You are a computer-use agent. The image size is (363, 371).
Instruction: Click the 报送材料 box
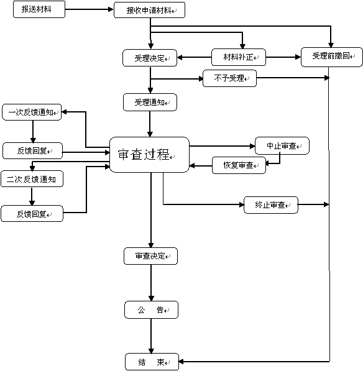(x=39, y=11)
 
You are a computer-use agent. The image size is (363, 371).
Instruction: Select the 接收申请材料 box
(x=150, y=11)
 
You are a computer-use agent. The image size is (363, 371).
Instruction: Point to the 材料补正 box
(x=239, y=58)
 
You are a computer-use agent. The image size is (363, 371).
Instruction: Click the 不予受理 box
(x=229, y=78)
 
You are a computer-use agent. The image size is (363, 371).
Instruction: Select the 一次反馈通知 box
(x=32, y=112)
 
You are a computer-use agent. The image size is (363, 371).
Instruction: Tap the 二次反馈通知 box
(x=32, y=179)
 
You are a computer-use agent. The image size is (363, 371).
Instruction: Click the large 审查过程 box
(x=149, y=155)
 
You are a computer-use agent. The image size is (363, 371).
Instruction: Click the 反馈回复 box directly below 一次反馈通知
(x=32, y=150)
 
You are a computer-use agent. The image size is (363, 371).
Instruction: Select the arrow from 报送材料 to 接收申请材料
(x=89, y=11)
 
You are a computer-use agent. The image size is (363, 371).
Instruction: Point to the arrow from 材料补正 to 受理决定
(x=195, y=58)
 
